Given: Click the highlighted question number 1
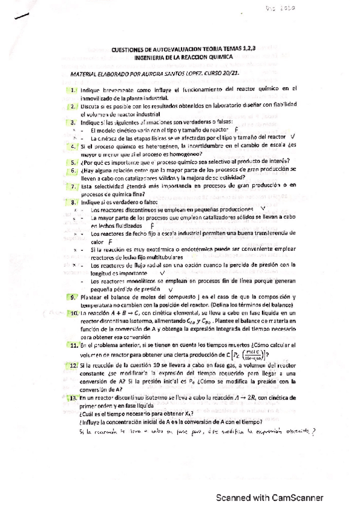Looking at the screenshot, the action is pos(73,90).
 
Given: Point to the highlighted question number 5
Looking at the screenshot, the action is pos(73,162).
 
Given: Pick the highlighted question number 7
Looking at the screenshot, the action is pos(73,186).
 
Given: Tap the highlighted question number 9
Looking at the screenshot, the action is pos(73,296).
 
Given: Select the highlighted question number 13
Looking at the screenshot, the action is pos(73,398).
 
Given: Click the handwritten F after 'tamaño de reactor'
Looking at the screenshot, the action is pos(237,129).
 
